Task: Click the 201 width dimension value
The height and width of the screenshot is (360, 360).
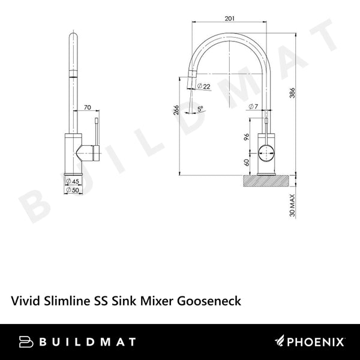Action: pos(229,19)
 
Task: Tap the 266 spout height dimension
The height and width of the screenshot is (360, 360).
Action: pos(175,110)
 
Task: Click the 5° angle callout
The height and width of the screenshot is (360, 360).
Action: pos(200,108)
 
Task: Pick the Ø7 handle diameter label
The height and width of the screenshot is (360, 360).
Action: pos(254,107)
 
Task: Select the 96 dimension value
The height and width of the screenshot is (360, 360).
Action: pos(247,136)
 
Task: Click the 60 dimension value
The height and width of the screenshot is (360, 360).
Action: pos(247,162)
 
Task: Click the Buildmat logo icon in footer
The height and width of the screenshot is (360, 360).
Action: pos(27,342)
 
